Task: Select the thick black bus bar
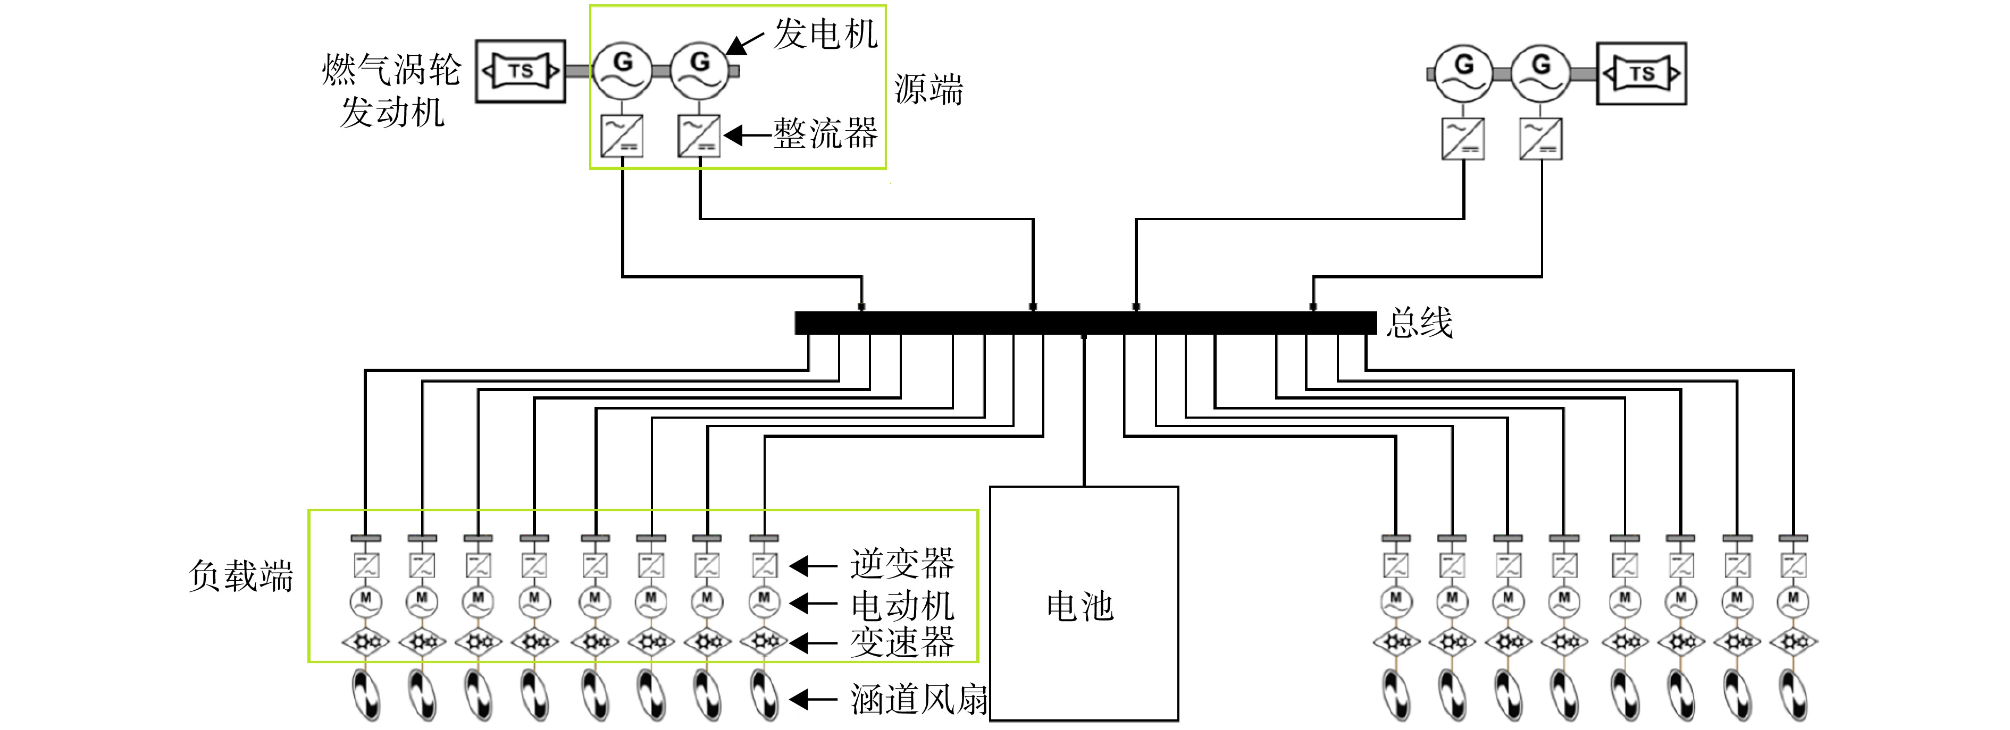coord(1085,323)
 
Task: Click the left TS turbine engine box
coord(521,72)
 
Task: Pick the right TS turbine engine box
coord(1641,74)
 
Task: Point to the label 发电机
coord(825,35)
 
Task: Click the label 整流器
coord(825,133)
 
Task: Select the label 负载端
coord(241,576)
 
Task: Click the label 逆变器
coord(902,563)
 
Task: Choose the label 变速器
coord(902,642)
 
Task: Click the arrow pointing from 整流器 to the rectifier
coord(748,135)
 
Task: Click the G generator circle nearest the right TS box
coord(1541,73)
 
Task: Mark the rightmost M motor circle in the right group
coord(1793,601)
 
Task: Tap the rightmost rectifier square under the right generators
coord(1541,139)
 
